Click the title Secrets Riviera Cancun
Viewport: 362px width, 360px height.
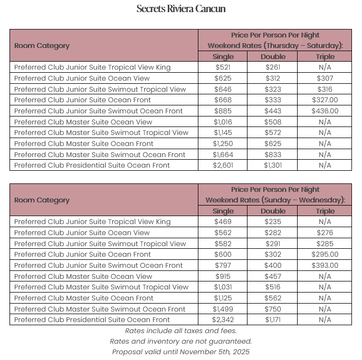tap(180, 9)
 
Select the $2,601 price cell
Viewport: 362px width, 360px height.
tap(223, 166)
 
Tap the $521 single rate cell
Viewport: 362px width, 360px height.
tap(223, 67)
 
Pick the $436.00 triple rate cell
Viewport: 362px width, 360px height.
tap(325, 111)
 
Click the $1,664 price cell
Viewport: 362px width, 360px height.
tap(223, 155)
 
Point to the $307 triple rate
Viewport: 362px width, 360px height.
tap(325, 79)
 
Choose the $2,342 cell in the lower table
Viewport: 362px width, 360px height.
tap(223, 320)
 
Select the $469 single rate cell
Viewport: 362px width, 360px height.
tap(223, 222)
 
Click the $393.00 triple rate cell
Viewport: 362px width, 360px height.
tap(325, 266)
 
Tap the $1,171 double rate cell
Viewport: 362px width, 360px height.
tap(273, 320)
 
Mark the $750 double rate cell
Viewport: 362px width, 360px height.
tap(273, 309)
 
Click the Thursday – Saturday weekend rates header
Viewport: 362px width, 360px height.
tap(275, 46)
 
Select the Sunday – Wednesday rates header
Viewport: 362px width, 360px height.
tap(275, 200)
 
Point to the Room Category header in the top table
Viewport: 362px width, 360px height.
tap(42, 46)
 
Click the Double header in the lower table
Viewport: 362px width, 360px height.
tap(273, 211)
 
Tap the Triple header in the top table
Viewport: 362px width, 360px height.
tap(325, 57)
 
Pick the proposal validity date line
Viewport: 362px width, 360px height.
tap(180, 352)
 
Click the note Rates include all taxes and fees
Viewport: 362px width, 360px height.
tap(180, 331)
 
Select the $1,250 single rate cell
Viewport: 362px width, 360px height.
tap(223, 144)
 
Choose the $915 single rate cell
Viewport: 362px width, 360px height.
tap(223, 277)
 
